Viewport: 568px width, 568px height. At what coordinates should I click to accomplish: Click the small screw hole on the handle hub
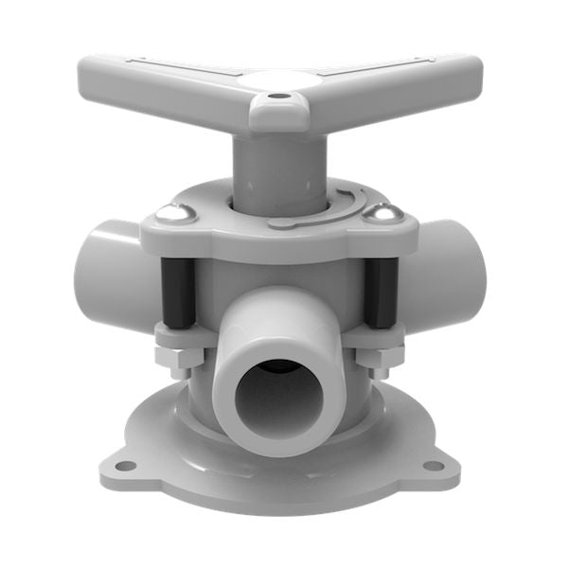276,96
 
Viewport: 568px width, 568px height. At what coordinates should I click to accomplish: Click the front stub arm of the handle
278,114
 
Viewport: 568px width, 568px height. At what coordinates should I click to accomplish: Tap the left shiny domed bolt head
173,215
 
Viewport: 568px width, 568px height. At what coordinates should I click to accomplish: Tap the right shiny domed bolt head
383,215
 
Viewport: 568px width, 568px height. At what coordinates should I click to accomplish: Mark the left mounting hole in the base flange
124,466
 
